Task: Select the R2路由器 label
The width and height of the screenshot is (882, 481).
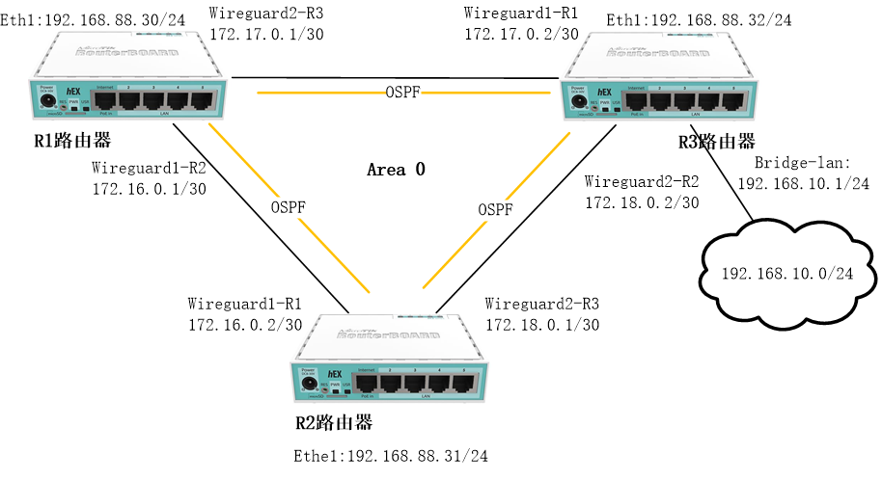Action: (333, 424)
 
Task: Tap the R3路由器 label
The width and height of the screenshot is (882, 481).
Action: (717, 142)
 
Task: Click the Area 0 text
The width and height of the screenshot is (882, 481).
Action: (396, 170)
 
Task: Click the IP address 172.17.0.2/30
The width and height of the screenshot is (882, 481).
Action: (521, 34)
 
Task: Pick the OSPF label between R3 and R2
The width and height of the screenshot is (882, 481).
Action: (495, 209)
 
